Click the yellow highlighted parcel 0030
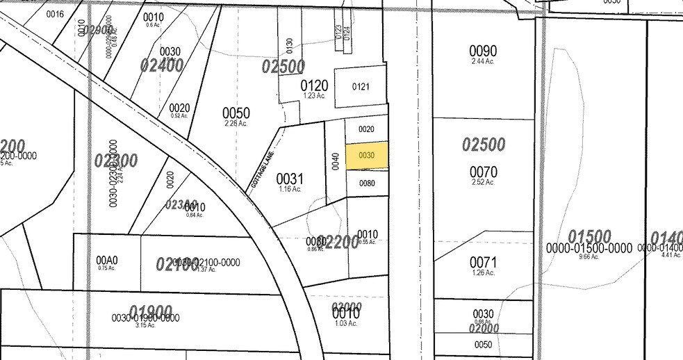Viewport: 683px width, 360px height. coord(367,156)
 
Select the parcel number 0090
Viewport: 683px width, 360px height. coord(483,51)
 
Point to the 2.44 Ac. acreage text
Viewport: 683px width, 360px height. coord(483,62)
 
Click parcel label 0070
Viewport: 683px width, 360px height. coord(483,171)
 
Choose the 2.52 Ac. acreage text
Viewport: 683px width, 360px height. coord(483,182)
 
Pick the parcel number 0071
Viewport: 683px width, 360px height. coord(483,262)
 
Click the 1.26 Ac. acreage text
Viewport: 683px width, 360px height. coord(483,273)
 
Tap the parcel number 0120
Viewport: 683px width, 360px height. coord(314,85)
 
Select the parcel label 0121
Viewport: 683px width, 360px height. coord(360,87)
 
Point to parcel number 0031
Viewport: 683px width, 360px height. coord(290,178)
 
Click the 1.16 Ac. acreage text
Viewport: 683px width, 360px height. coord(290,189)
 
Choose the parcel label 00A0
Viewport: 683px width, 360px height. coord(107,261)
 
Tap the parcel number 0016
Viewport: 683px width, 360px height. coord(54,14)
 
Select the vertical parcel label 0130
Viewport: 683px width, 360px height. coord(290,45)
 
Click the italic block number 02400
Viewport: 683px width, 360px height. coord(161,65)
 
